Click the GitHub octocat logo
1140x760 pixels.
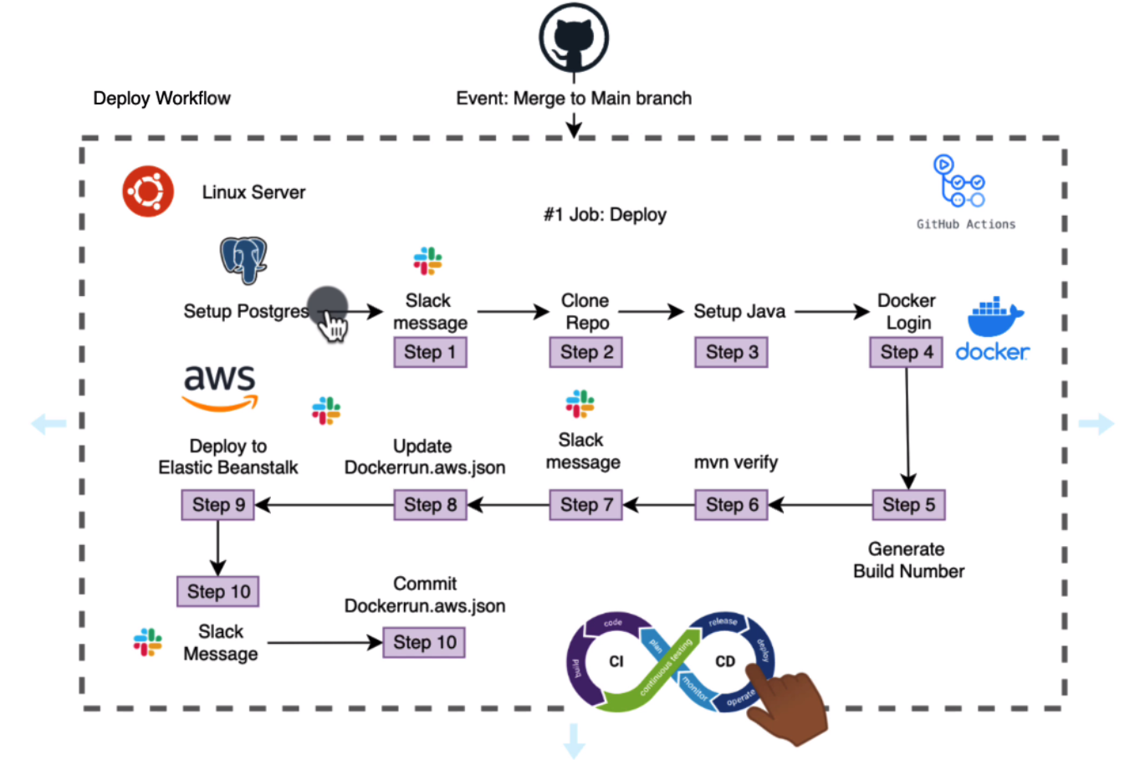point(573,38)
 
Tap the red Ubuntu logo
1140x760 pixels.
point(148,191)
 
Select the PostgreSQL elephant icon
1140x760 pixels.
point(243,259)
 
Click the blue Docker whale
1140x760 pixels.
point(994,317)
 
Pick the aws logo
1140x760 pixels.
point(220,387)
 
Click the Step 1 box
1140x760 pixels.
point(430,352)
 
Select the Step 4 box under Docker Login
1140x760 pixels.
point(906,352)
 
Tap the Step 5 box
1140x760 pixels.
point(908,504)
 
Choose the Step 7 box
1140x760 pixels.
point(585,504)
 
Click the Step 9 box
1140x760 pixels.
point(218,504)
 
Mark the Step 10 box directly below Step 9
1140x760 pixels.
point(218,591)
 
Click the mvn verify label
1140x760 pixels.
point(735,462)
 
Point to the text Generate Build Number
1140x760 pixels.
point(908,560)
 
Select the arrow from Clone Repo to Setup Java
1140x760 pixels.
point(651,312)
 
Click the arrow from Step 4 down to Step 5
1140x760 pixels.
point(907,426)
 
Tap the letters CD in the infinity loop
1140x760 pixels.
point(724,661)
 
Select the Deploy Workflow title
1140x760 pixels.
point(161,99)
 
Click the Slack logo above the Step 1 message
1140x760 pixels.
point(427,261)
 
